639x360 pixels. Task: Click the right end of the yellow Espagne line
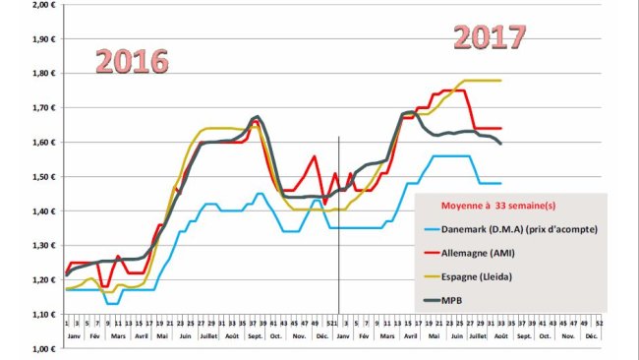pyautogui.click(x=501, y=81)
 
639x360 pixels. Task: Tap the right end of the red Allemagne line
pyautogui.click(x=501, y=129)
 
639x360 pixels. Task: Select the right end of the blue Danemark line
pyautogui.click(x=501, y=183)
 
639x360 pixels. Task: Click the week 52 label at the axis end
pyautogui.click(x=599, y=322)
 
